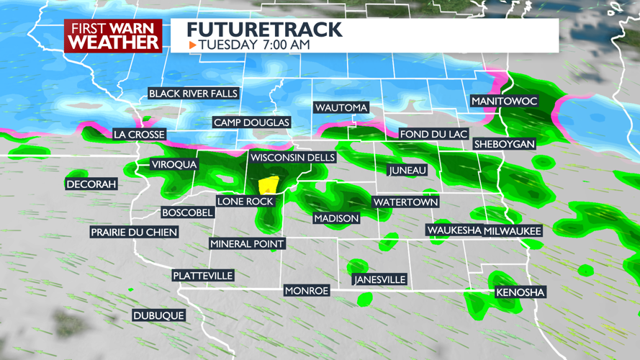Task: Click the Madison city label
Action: (x=336, y=218)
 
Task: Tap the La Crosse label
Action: (x=140, y=135)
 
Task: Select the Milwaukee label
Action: (x=513, y=230)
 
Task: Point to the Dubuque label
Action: (x=159, y=315)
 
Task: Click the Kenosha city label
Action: (x=520, y=292)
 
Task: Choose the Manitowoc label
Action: (x=504, y=102)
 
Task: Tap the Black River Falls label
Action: (x=193, y=94)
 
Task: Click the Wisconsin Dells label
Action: (x=292, y=158)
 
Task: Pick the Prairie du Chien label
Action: (x=134, y=233)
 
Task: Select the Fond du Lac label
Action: (x=434, y=135)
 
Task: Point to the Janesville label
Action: (x=380, y=279)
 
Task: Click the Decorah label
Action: (x=91, y=184)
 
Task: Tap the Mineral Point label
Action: (x=247, y=244)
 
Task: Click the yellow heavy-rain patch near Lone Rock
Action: (x=269, y=186)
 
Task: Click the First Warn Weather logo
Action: (x=113, y=35)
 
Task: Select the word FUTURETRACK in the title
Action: (x=263, y=30)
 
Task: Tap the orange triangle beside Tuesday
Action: (x=192, y=45)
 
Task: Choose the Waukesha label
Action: (x=454, y=230)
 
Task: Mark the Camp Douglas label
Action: (x=251, y=122)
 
